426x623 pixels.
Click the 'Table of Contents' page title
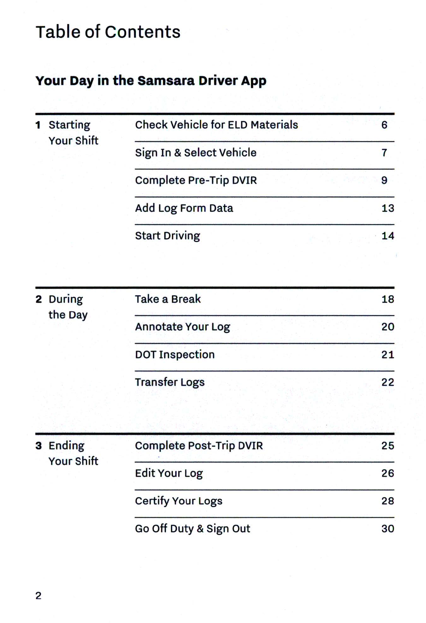pos(108,32)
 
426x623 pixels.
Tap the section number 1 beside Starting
pos(38,125)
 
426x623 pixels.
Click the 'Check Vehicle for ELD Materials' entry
pos(216,125)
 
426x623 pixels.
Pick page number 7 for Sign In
pos(384,153)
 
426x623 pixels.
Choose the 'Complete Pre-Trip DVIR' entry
pos(196,180)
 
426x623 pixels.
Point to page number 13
pos(388,208)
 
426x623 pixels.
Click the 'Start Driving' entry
pos(168,236)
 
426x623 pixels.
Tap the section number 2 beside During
pos(39,299)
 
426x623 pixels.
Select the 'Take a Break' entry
pos(168,299)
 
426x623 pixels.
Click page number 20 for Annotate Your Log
pos(388,327)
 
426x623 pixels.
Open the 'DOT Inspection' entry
pos(175,355)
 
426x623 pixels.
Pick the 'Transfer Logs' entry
pos(170,382)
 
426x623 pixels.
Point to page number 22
pos(388,382)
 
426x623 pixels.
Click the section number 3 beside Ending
pos(39,446)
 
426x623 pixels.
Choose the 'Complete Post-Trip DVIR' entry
pos(199,446)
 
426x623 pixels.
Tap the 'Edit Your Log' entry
pos(169,473)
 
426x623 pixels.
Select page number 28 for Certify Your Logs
pos(388,501)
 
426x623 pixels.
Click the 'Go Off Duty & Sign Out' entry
pos(193,529)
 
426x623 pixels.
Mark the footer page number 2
pos(38,596)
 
